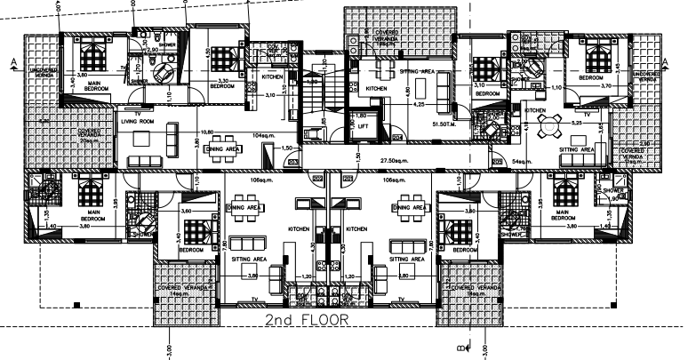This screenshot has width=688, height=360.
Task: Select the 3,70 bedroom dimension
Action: (607, 86)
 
